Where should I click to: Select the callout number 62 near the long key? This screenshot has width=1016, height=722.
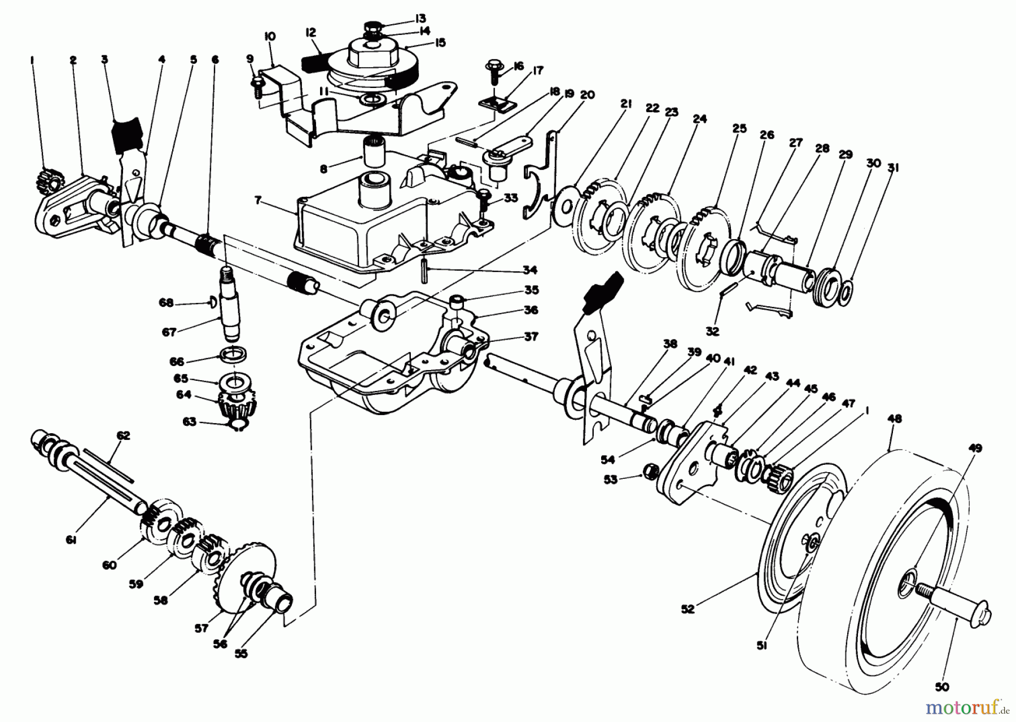[x=123, y=435]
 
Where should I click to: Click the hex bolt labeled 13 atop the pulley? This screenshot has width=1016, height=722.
[x=372, y=26]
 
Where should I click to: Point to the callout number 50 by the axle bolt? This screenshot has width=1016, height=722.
[x=942, y=686]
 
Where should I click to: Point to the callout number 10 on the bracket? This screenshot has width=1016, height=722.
[x=270, y=37]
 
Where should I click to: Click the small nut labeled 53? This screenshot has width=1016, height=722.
[x=651, y=469]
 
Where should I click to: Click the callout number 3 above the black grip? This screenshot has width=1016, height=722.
[x=104, y=59]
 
